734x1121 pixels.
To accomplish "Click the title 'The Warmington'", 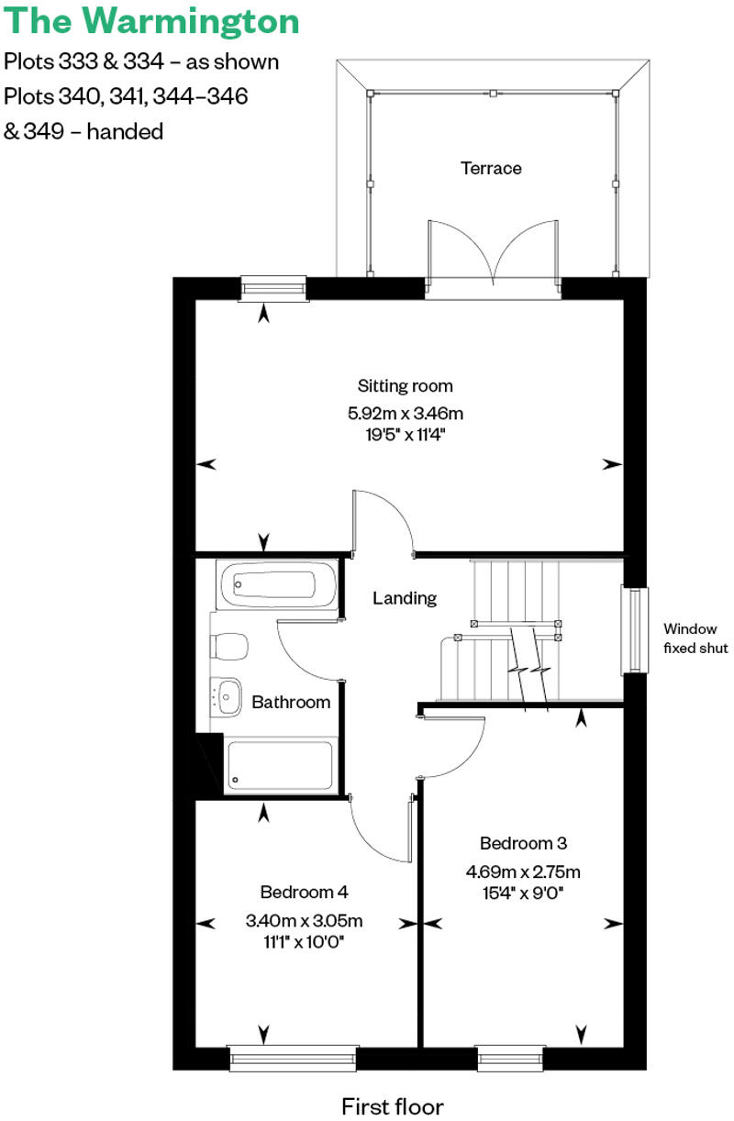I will coord(151,22).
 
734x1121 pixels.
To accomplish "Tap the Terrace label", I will coord(491,169).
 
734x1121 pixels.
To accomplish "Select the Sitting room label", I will coord(406,386).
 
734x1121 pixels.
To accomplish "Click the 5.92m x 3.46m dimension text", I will coord(406,412).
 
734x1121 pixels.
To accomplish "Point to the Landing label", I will coord(405,598).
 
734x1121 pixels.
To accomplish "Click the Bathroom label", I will coord(291,703).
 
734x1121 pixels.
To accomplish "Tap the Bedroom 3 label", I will coord(517,842).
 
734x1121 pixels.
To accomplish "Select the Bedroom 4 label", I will coord(304,892).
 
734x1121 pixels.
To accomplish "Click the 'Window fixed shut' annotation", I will coord(696,638).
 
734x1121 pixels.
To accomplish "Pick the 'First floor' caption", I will coord(393,1105).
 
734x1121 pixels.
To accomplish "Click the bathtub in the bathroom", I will coord(277,584).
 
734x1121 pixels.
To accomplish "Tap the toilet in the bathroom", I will coord(228,648).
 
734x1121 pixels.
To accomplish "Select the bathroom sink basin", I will coord(227,694).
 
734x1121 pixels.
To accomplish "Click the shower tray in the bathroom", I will coord(279,765).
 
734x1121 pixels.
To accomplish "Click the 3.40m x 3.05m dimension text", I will coord(304,921).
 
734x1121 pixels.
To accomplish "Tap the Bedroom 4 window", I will coord(293,1058).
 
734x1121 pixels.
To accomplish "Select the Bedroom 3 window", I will coord(511,1058).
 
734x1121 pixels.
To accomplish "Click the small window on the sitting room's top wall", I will coord(272,288).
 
